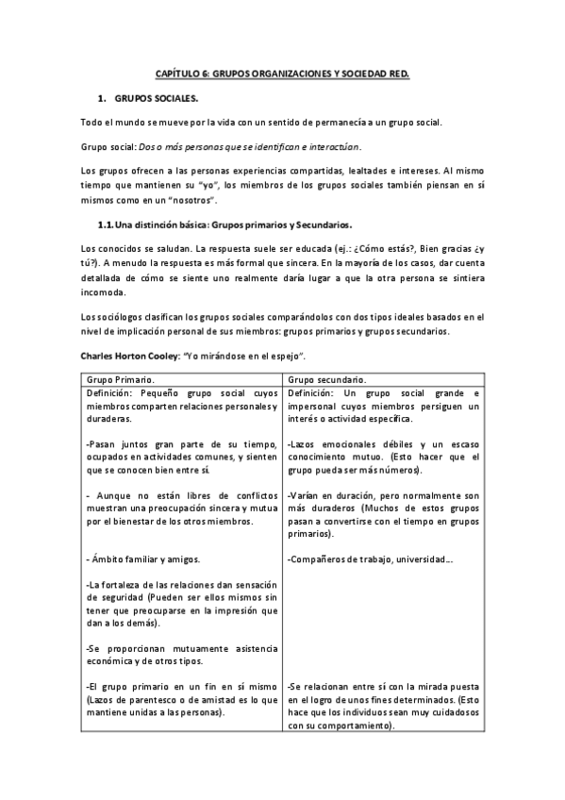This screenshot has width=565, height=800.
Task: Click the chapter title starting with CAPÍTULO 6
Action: tap(282, 73)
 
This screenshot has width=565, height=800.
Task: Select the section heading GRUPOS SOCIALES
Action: tap(157, 98)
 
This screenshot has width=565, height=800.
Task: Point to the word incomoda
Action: tap(108, 292)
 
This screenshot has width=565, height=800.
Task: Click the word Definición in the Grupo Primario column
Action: tap(113, 392)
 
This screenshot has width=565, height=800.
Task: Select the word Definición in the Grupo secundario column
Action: tap(317, 392)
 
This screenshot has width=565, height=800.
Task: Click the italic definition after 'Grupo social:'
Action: tap(249, 146)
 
